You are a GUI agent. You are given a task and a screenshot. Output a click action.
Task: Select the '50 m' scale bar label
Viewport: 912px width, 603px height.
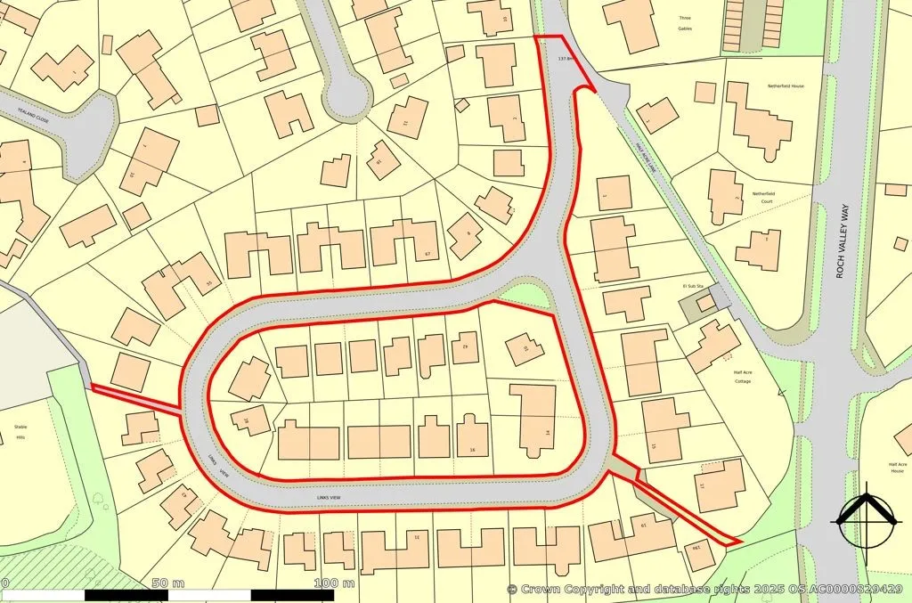(167, 583)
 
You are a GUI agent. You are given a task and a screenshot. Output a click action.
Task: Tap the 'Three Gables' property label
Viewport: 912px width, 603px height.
(684, 23)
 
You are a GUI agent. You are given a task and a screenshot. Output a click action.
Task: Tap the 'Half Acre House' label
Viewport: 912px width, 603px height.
(896, 468)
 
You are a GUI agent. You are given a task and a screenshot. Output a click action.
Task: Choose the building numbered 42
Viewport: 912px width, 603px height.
(465, 346)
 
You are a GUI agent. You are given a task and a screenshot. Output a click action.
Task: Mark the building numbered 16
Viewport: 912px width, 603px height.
(472, 436)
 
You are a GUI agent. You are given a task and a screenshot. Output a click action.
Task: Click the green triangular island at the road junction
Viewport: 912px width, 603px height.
(525, 295)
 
